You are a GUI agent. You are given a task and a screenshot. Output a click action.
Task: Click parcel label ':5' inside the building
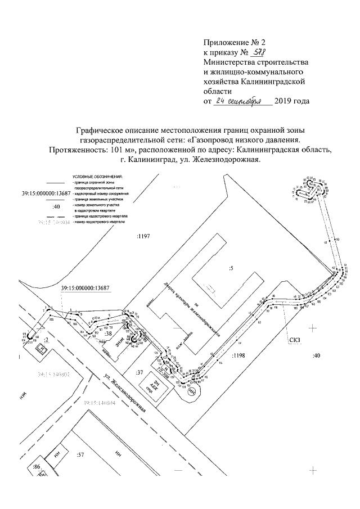coord(231,268)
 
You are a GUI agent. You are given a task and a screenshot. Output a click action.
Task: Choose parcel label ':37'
coord(141,372)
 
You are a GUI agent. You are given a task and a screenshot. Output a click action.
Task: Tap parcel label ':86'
coord(37,467)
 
